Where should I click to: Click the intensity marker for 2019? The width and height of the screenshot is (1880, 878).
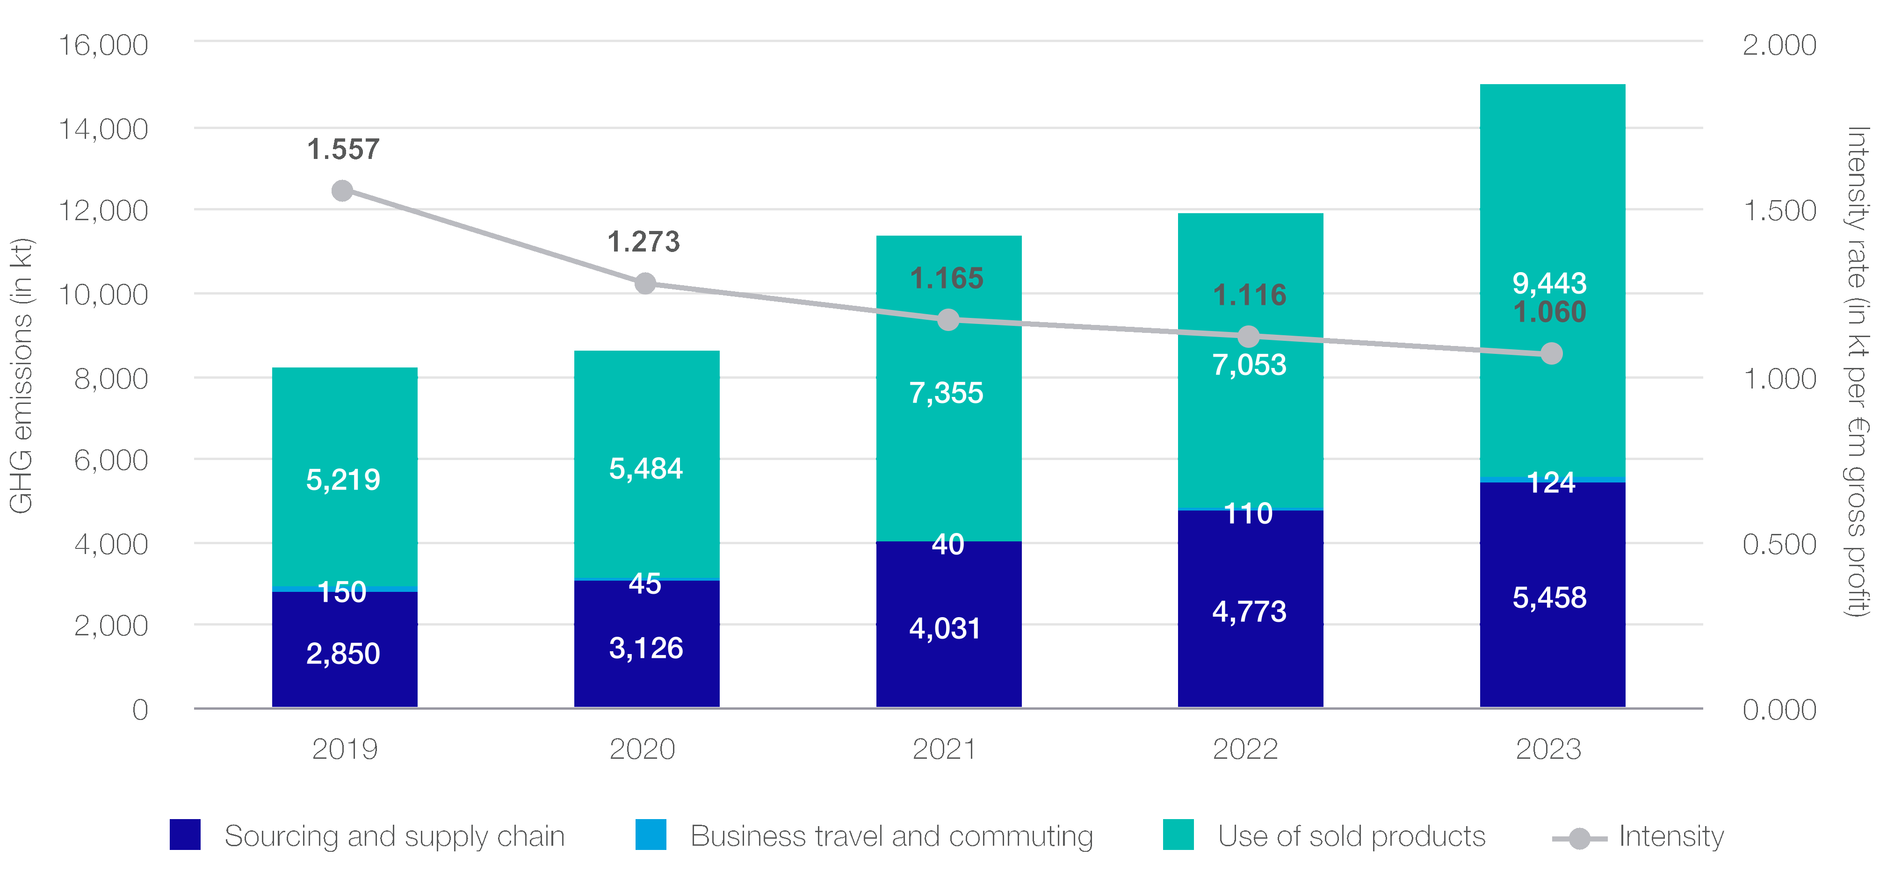(x=342, y=191)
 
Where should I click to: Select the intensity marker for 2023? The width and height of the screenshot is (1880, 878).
(x=1551, y=354)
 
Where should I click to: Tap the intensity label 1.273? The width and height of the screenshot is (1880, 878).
(x=644, y=242)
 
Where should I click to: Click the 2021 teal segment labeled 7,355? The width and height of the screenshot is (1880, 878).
(x=948, y=438)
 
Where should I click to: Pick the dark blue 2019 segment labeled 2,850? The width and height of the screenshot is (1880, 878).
(x=345, y=649)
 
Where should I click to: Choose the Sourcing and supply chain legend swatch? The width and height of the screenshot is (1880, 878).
(x=185, y=835)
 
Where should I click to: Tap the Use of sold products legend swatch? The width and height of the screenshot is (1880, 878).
(x=1178, y=835)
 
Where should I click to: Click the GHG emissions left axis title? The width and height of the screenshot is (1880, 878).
(x=21, y=376)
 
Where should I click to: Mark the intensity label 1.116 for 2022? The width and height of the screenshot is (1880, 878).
(x=1250, y=295)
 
